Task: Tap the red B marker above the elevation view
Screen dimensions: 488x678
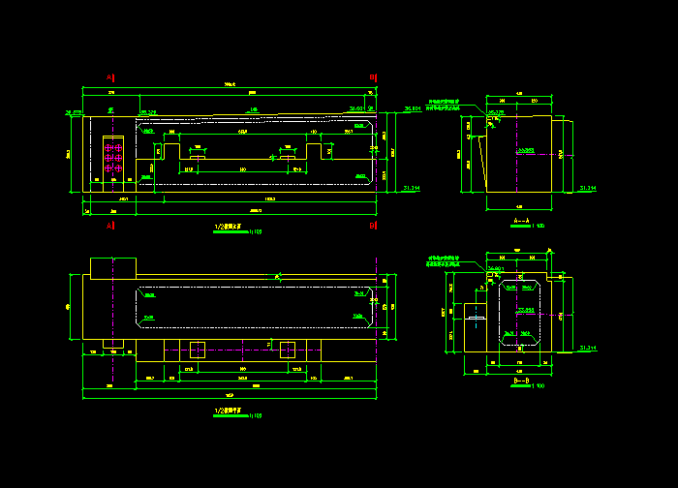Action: click(x=373, y=77)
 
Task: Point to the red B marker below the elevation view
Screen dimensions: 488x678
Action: click(x=373, y=225)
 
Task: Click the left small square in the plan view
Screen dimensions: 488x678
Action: click(x=197, y=350)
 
